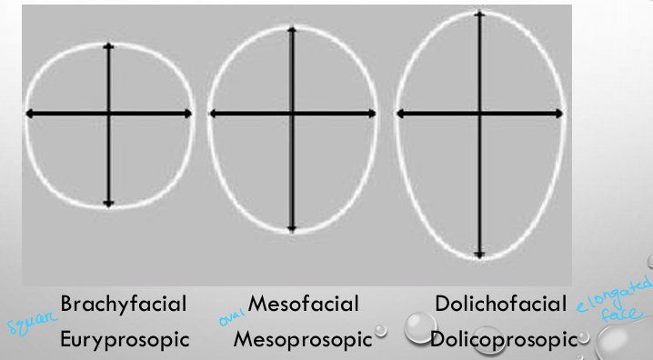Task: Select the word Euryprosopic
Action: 125,340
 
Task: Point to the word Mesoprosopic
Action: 303,340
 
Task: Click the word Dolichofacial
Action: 502,304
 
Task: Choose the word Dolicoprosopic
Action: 505,340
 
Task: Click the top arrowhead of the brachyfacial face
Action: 109,45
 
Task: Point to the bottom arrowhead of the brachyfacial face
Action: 109,205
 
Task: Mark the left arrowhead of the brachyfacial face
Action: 29,114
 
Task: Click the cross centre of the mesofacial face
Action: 292,114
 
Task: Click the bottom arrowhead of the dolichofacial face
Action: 479,255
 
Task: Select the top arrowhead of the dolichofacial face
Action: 479,14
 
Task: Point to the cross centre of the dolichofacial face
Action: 479,114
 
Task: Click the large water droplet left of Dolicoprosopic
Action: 420,327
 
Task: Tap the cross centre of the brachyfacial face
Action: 109,114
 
